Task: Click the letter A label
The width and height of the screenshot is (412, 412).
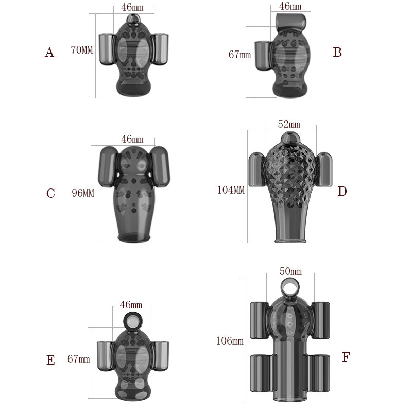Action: coord(49,52)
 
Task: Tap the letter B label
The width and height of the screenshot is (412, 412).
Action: coord(337,52)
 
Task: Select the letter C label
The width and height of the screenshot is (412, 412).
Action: coord(50,193)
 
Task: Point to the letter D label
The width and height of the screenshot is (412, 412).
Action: coord(342,192)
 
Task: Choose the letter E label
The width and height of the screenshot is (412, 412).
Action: coord(50,360)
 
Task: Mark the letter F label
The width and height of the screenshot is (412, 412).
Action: coord(346,357)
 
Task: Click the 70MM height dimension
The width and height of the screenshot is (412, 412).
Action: coord(81,50)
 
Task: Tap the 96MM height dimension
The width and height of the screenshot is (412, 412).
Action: coord(83,193)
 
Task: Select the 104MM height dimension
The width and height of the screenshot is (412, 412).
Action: coord(231,190)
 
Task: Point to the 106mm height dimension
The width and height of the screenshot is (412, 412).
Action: coord(230,341)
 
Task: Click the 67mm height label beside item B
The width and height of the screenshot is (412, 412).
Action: coord(239,54)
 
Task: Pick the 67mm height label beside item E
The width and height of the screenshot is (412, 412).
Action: coord(79,359)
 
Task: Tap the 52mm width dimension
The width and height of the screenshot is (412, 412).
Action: coord(288,124)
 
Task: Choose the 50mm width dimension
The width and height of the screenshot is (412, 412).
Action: coord(290,271)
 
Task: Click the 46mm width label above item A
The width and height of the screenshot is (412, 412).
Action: coord(132,7)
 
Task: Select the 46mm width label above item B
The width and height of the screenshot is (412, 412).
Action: coord(290,6)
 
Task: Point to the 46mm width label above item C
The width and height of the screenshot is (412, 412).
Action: coord(132,139)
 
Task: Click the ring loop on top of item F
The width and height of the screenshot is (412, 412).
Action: coord(290,287)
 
